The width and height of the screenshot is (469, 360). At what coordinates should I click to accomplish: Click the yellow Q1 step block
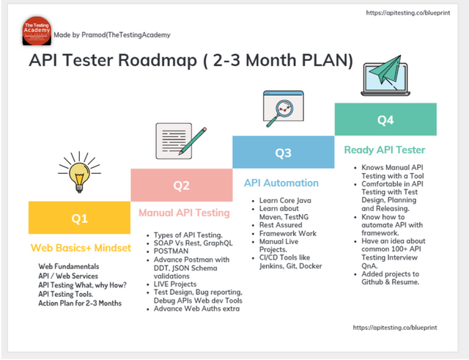coord(79,218)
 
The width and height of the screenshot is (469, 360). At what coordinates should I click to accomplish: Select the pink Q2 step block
coord(181,185)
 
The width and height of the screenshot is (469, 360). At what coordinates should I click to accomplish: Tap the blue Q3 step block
coord(283,153)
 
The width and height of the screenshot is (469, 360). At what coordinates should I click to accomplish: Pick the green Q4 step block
coord(385,120)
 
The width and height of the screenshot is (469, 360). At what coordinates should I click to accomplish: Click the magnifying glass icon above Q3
coord(281,111)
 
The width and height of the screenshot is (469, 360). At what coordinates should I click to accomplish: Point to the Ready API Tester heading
coord(385,150)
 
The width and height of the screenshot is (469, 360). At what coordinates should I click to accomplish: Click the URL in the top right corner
coord(413,13)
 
